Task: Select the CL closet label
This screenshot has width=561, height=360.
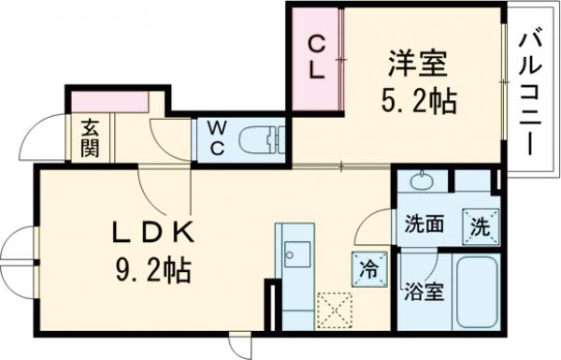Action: coord(317,57)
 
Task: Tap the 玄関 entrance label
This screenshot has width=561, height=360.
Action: coord(89,137)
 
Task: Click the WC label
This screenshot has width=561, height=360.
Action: coord(216,139)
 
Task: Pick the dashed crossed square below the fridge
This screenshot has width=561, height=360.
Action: coord(333,308)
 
